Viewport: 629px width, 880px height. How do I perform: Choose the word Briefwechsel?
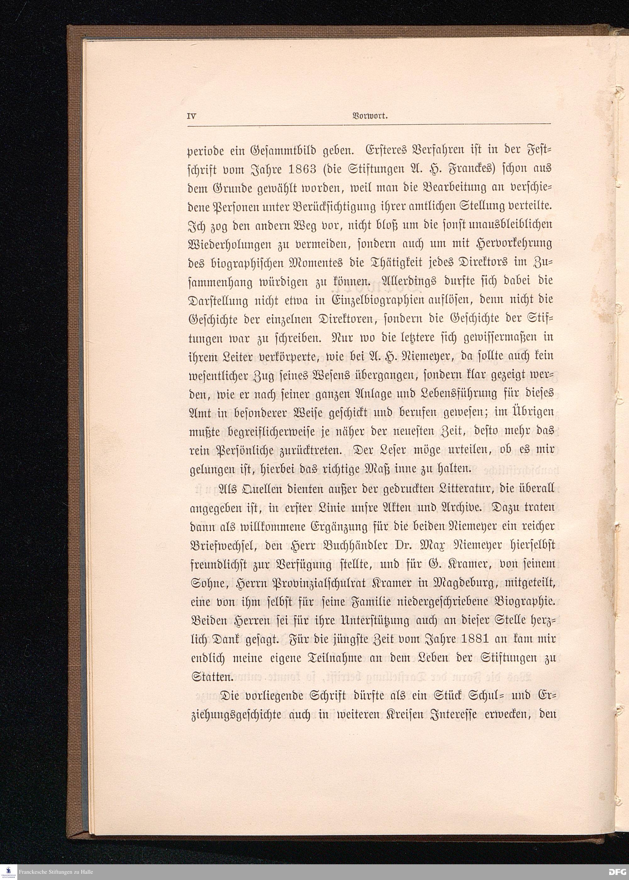[x=225, y=544]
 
